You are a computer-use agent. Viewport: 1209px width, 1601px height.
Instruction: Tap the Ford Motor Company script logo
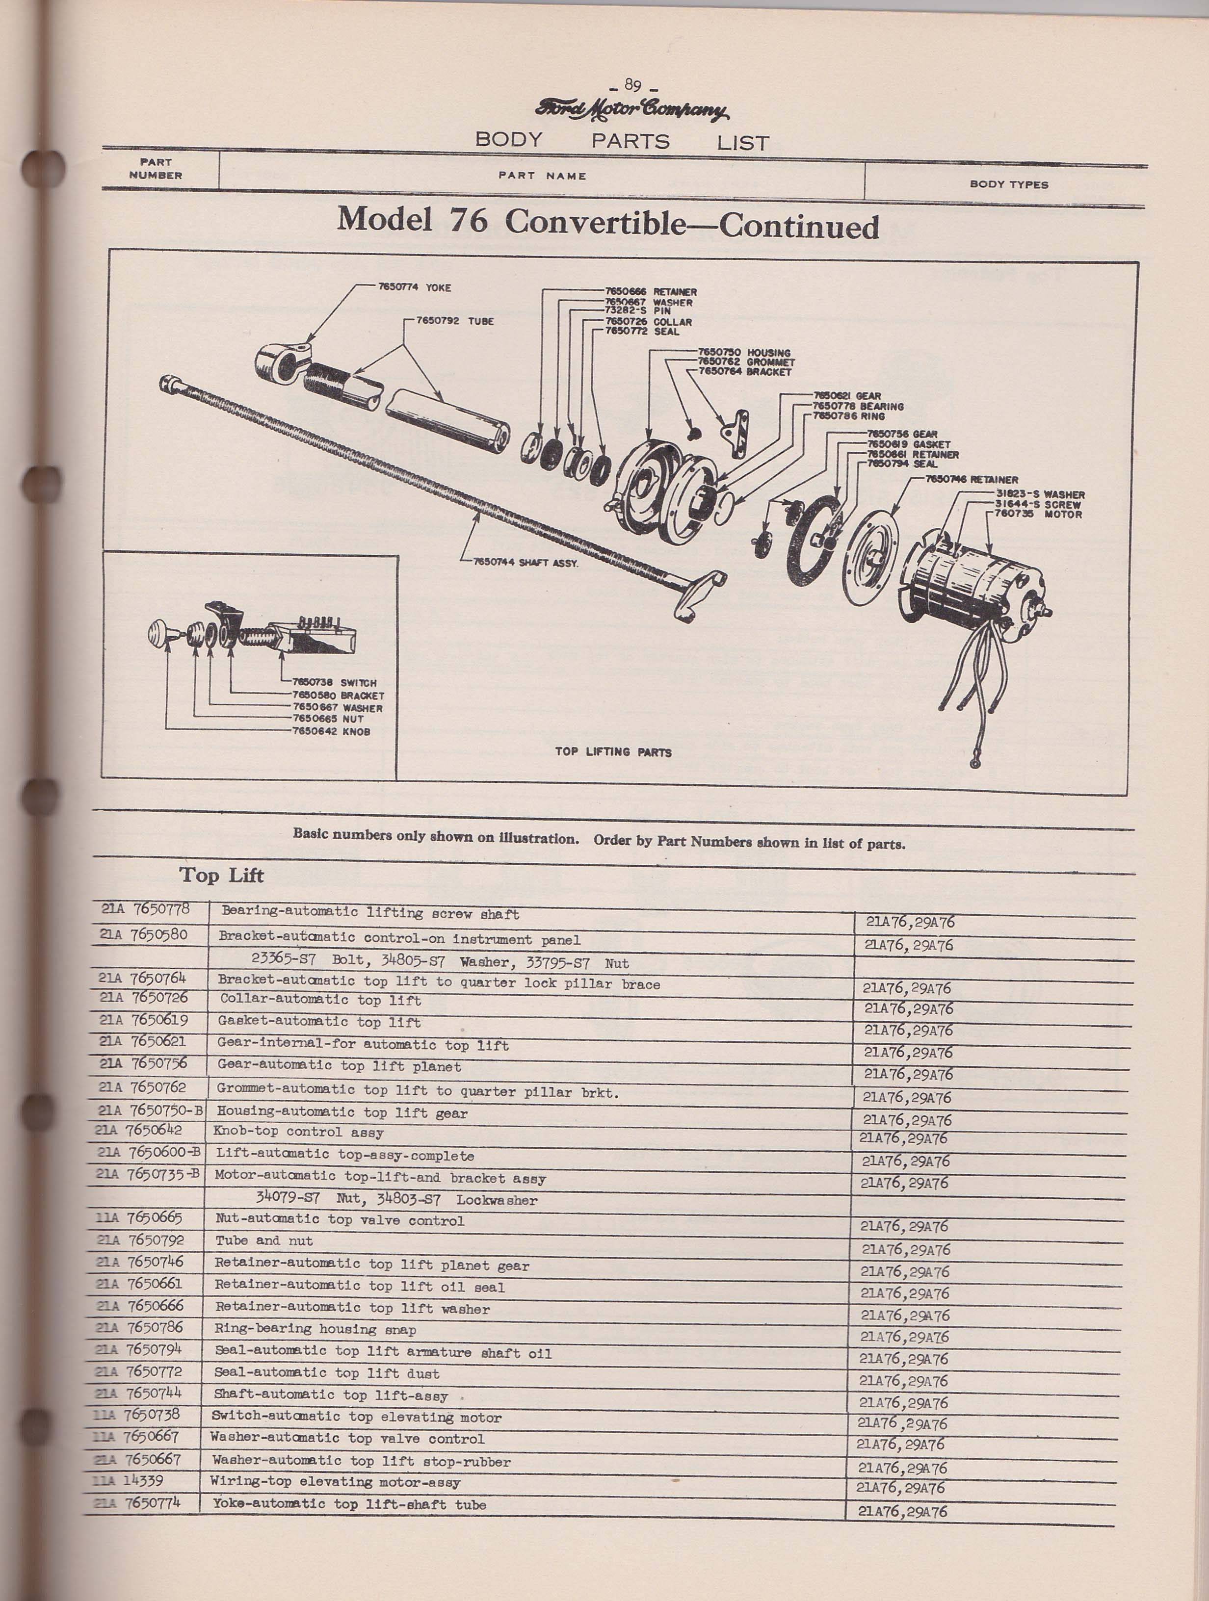(x=632, y=110)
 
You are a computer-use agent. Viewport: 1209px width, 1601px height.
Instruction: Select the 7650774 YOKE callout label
(x=414, y=287)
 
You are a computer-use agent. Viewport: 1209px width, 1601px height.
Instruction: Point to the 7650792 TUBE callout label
(x=455, y=321)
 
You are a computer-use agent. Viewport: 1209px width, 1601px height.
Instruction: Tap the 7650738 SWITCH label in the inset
(x=334, y=682)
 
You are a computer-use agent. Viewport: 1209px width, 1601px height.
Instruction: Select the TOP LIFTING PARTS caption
(x=613, y=752)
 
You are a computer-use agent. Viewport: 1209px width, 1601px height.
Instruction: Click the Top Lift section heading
(x=221, y=876)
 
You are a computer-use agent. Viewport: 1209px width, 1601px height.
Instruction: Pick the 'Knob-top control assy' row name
(x=297, y=1133)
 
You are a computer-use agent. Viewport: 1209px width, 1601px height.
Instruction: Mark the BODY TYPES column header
(x=1008, y=184)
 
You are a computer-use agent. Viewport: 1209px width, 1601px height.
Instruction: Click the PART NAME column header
(x=542, y=176)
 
